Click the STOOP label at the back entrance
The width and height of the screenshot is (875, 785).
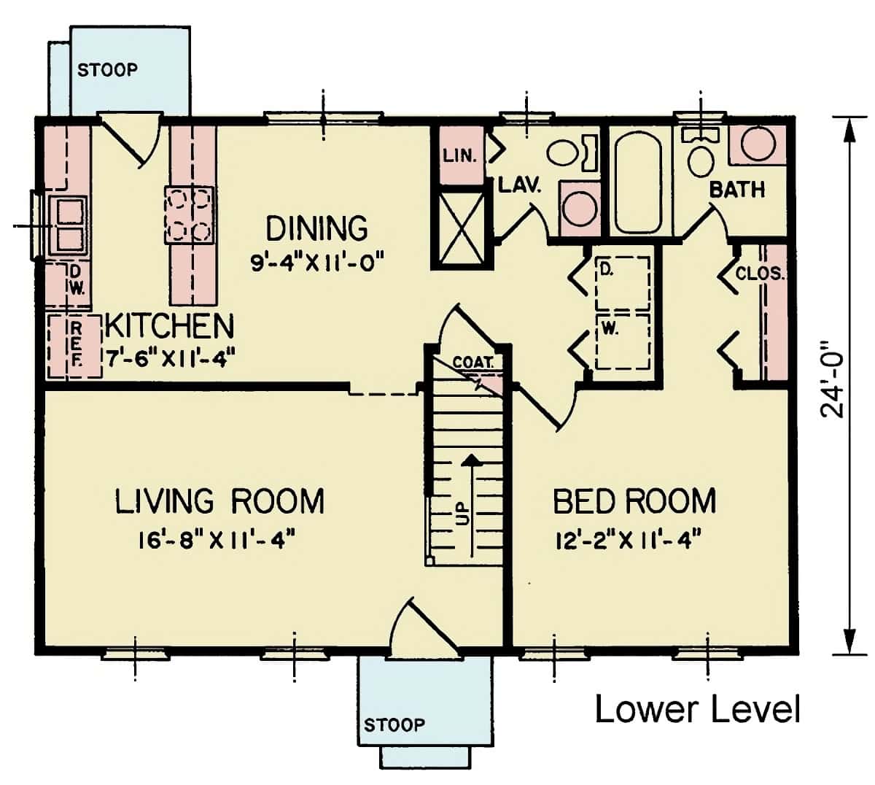click(x=107, y=70)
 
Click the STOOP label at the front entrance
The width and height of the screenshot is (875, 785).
click(x=394, y=724)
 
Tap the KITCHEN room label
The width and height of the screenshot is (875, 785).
click(x=169, y=326)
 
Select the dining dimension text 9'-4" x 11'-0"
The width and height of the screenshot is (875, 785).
click(x=316, y=262)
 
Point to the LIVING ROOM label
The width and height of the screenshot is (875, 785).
click(x=219, y=502)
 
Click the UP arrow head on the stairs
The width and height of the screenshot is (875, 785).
click(x=472, y=460)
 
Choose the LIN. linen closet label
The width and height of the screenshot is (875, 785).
click(x=459, y=155)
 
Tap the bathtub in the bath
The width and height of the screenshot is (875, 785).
click(x=638, y=179)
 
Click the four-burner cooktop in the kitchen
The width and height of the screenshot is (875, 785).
click(x=189, y=214)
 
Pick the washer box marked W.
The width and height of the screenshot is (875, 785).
click(x=622, y=341)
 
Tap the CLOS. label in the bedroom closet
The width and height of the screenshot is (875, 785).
click(x=759, y=275)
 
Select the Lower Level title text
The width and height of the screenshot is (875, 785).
click(x=697, y=708)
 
